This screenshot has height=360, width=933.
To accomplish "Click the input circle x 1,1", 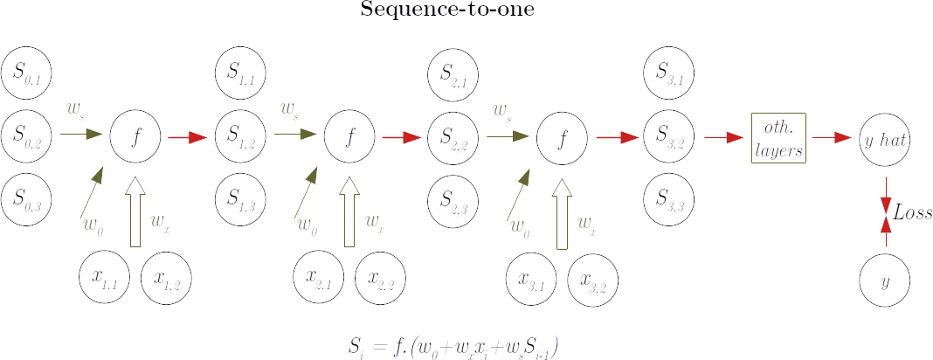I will [x=104, y=277].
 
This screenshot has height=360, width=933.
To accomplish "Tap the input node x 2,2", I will [x=380, y=277].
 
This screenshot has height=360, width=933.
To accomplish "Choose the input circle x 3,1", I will [x=532, y=277].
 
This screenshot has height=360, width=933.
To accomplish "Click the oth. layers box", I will [x=779, y=137].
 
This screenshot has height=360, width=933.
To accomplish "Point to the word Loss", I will [x=912, y=211].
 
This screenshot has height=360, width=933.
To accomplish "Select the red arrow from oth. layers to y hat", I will [x=831, y=137].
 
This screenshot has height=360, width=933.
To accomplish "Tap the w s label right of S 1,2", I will [x=289, y=110].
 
